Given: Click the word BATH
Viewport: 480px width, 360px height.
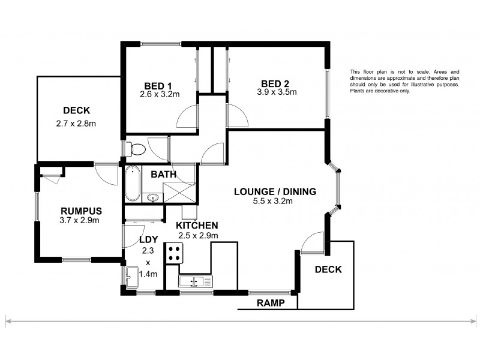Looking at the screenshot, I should [163, 175].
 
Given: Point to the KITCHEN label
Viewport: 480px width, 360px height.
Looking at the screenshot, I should [197, 225].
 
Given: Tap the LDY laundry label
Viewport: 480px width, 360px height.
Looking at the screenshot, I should [148, 239].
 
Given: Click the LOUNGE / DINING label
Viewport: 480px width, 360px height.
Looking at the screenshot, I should [274, 192].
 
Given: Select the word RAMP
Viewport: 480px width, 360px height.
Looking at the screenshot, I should [269, 304].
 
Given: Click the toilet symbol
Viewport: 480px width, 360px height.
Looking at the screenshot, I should [137, 148].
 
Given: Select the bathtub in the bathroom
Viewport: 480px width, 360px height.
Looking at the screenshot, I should [132, 184].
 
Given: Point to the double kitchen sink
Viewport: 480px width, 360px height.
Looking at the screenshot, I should [195, 281].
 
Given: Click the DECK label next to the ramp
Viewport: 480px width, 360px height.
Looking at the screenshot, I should [328, 269].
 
